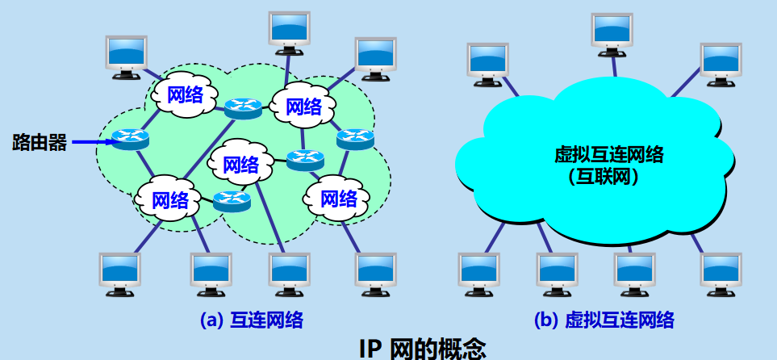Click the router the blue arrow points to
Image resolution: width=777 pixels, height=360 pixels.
(x=130, y=140)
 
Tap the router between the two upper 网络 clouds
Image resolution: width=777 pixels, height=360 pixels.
(x=243, y=107)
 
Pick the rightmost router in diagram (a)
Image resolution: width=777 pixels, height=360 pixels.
(x=355, y=139)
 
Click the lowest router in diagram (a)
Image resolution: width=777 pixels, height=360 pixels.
(x=232, y=200)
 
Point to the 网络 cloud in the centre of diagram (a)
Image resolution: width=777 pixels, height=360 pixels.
(x=240, y=165)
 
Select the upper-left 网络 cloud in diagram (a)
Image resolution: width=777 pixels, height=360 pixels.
(x=185, y=95)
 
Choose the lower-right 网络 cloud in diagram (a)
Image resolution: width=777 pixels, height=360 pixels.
(x=338, y=197)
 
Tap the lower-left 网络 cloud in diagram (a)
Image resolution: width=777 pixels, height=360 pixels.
(x=169, y=199)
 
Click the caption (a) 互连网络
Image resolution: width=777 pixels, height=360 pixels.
(x=251, y=320)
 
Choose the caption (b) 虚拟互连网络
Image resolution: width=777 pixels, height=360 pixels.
(x=604, y=320)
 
